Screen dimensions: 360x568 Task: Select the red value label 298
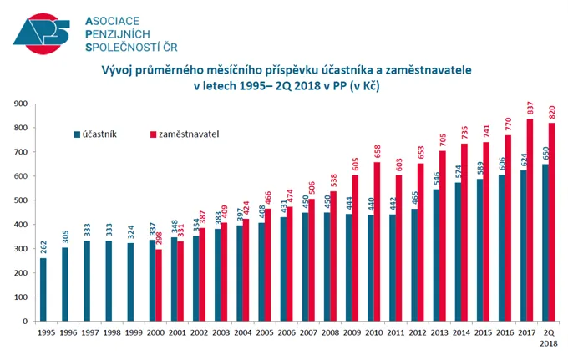pyautogui.click(x=159, y=238)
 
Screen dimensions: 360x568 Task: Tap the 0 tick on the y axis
pyautogui.click(x=26, y=322)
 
